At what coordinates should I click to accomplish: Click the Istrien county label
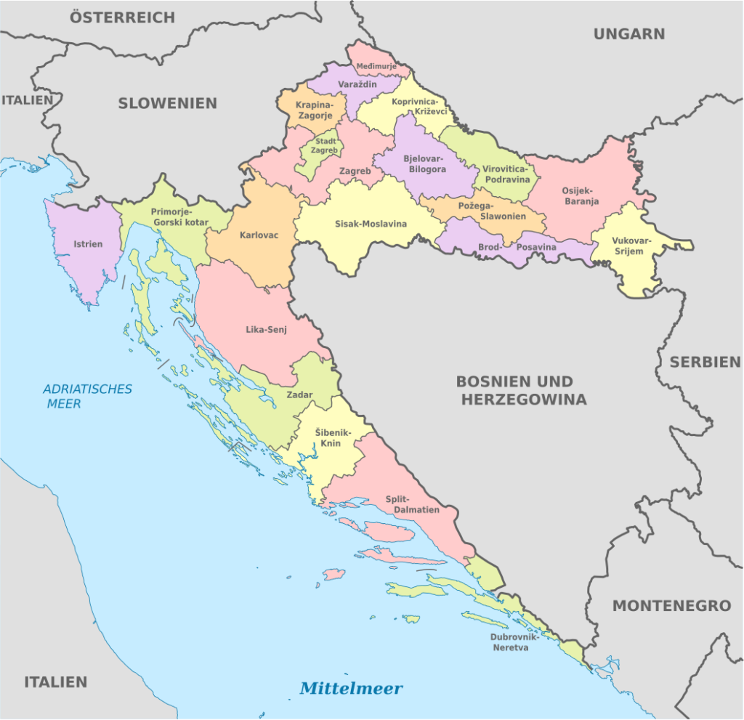pyautogui.click(x=88, y=244)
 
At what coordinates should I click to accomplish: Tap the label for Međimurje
pyautogui.click(x=376, y=67)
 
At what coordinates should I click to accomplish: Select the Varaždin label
pyautogui.click(x=357, y=85)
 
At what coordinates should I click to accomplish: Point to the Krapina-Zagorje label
pyautogui.click(x=314, y=110)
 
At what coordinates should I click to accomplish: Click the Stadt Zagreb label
pyautogui.click(x=325, y=145)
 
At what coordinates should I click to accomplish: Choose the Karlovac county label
pyautogui.click(x=259, y=235)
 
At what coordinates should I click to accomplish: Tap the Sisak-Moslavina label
pyautogui.click(x=371, y=224)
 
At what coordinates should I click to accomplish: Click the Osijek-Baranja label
pyautogui.click(x=581, y=196)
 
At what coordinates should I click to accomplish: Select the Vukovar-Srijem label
pyautogui.click(x=631, y=246)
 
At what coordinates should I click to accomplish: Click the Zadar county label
pyautogui.click(x=299, y=395)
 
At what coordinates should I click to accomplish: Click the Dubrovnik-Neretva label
pyautogui.click(x=514, y=642)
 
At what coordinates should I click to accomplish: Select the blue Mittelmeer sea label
pyautogui.click(x=351, y=687)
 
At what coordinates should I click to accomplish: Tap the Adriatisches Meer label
pyautogui.click(x=87, y=396)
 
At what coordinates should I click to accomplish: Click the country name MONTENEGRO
pyautogui.click(x=671, y=605)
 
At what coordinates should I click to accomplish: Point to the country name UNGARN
pyautogui.click(x=629, y=33)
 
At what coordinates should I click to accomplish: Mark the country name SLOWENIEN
pyautogui.click(x=167, y=103)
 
